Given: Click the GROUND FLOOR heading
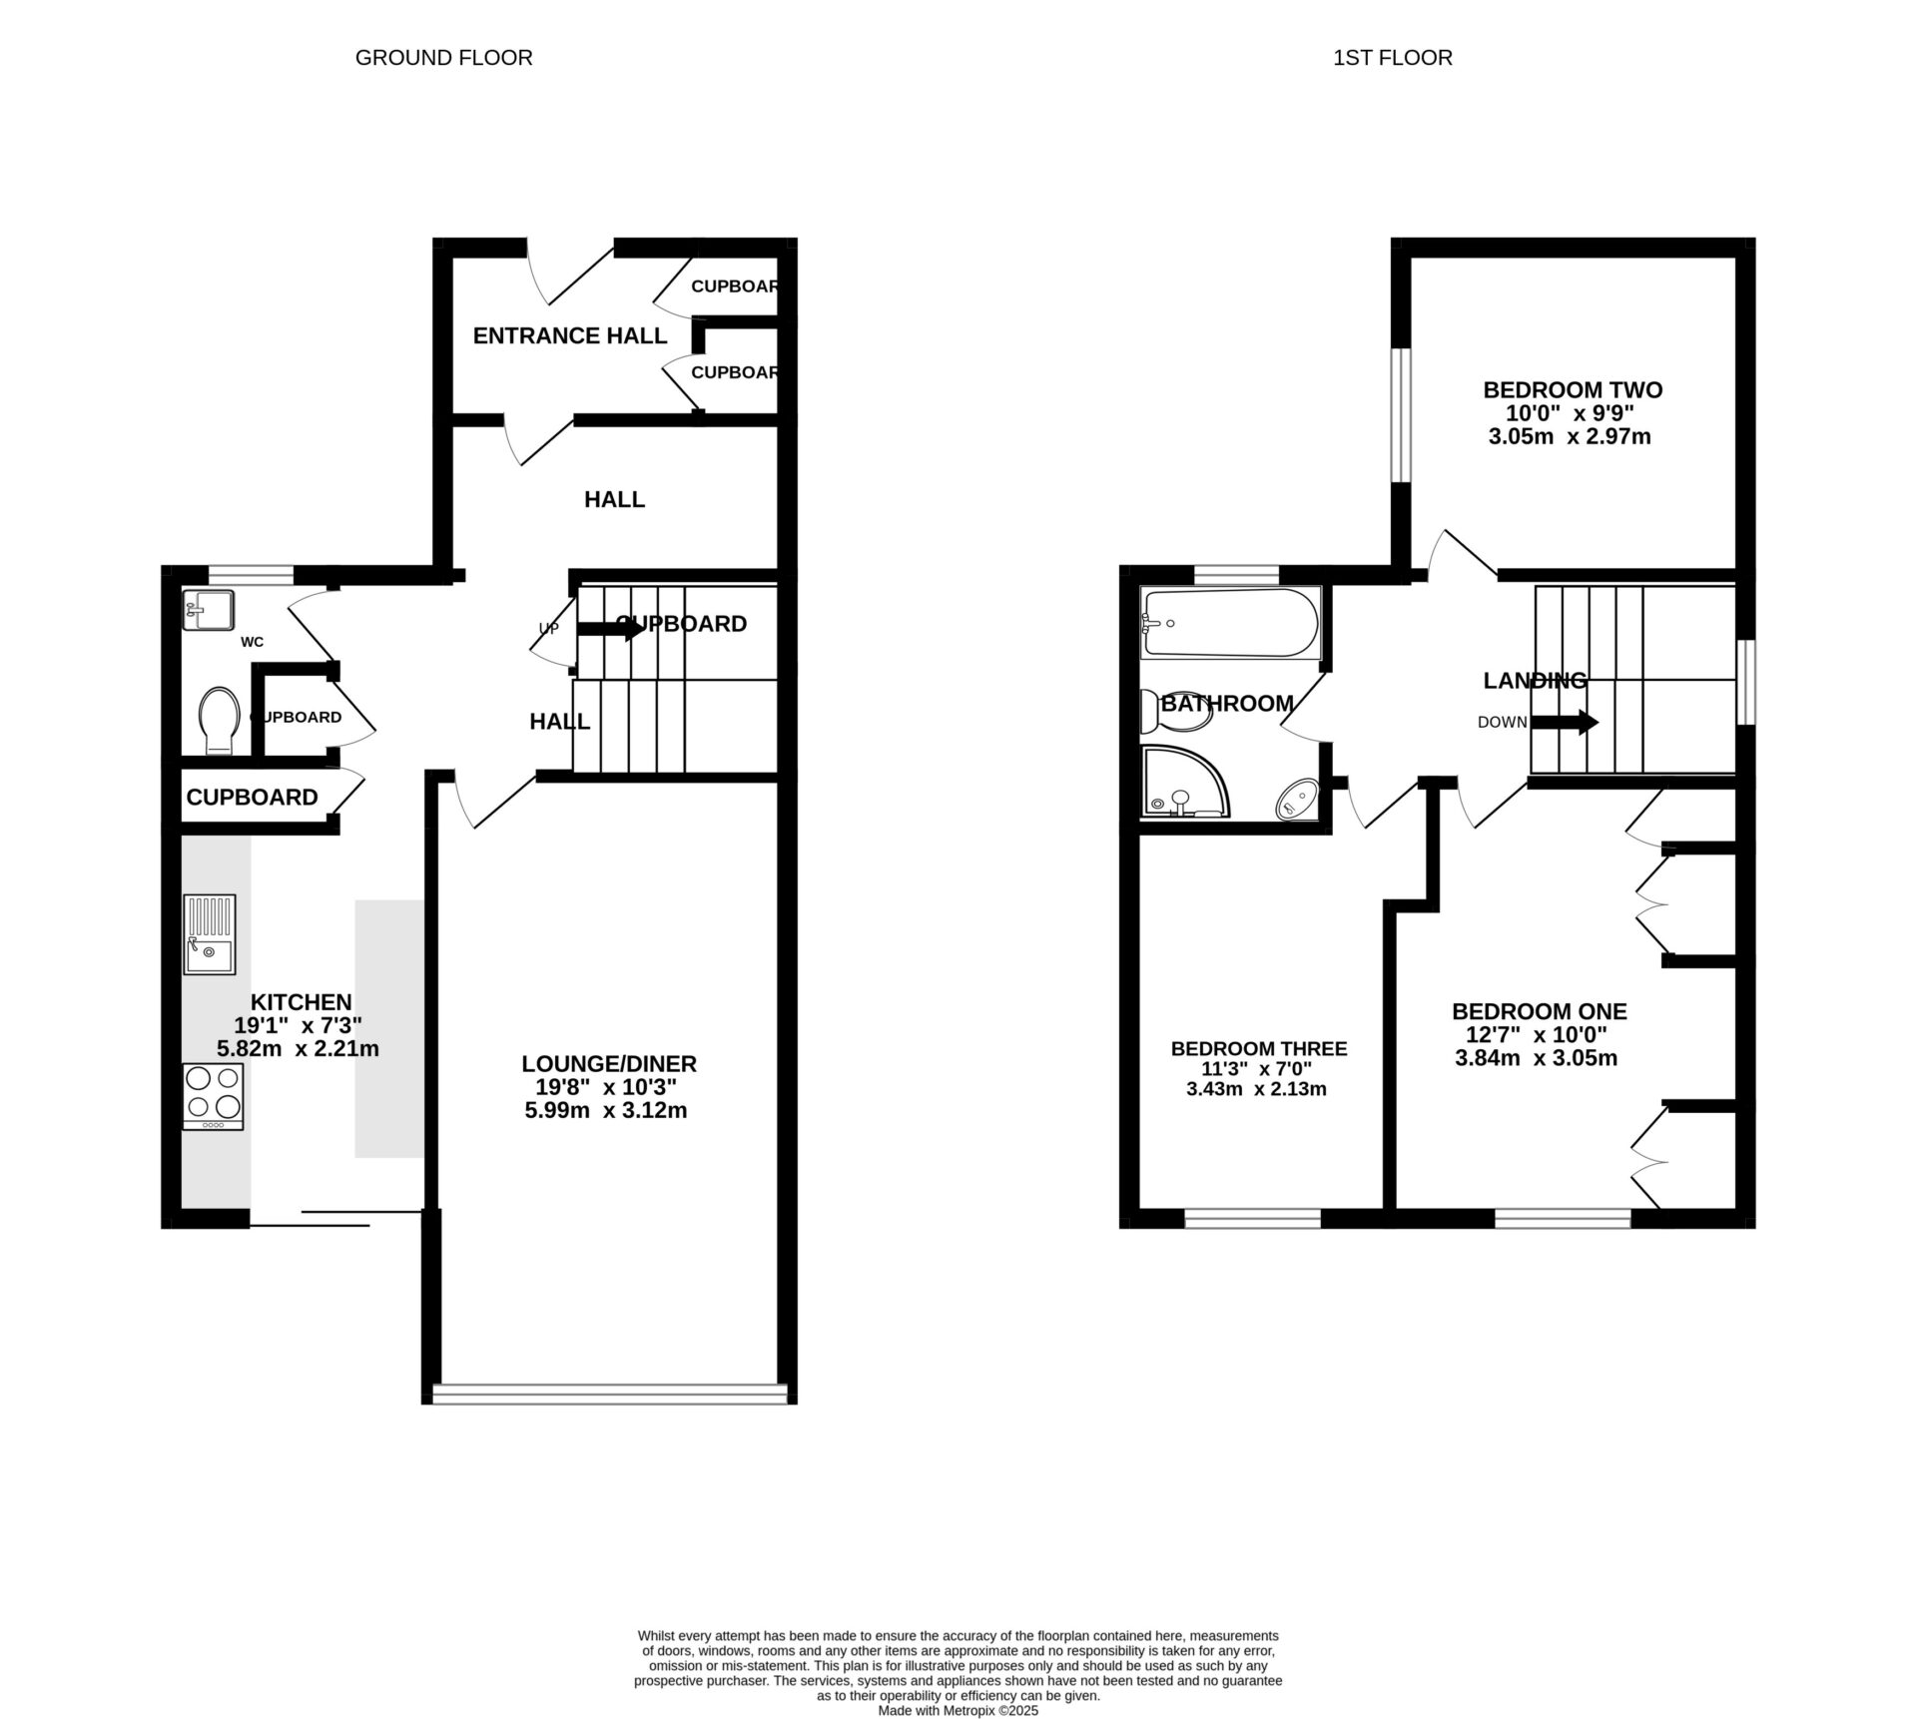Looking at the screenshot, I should click(443, 58).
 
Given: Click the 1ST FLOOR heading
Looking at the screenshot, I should click(1392, 58).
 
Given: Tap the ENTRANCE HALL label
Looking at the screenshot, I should click(569, 335).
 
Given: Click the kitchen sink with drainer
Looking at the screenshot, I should click(210, 934).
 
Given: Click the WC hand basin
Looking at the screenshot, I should click(208, 609).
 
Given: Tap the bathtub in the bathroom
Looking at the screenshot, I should click(1230, 623).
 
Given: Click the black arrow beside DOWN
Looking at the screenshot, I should click(1565, 722).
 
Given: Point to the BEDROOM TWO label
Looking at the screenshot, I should click(1572, 389).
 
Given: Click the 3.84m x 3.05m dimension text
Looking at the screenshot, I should click(1536, 1058).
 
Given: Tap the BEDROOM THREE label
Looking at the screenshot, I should click(1258, 1048).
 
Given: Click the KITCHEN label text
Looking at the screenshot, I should click(300, 1001).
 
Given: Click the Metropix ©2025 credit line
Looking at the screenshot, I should click(958, 1710).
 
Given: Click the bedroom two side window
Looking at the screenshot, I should click(1402, 414).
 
